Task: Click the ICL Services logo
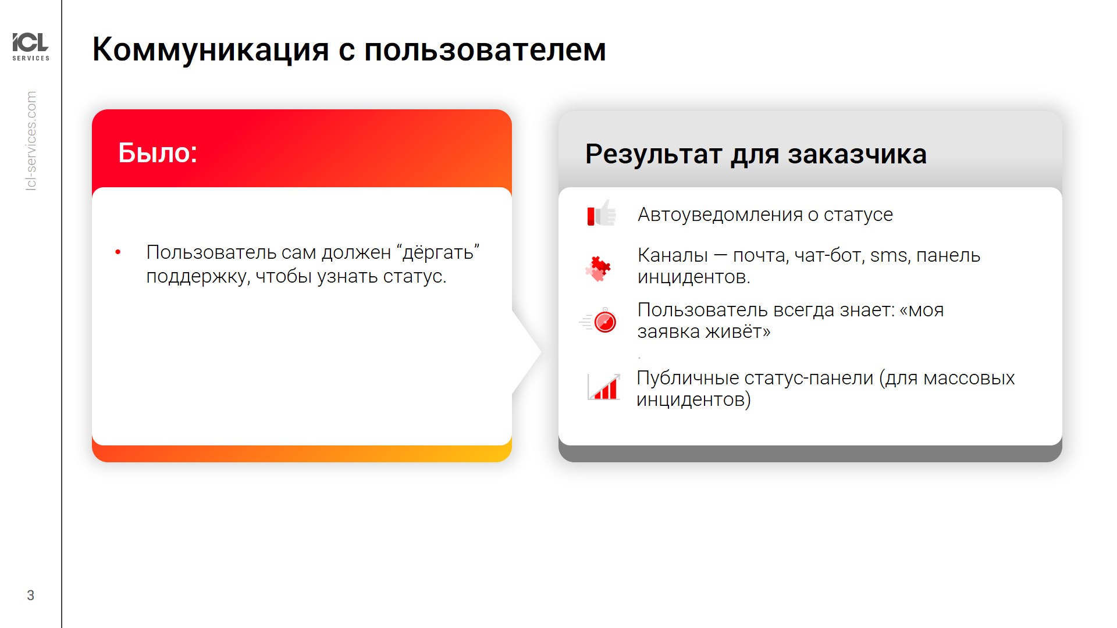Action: pos(31,47)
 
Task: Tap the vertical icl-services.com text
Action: pos(31,141)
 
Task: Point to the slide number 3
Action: pos(30,595)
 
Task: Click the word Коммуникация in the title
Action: pos(211,50)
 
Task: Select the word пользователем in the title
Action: pos(485,50)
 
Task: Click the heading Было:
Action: pos(158,153)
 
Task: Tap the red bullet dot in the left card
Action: pos(118,252)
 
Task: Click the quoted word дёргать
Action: pos(438,253)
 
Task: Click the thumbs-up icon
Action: pos(602,213)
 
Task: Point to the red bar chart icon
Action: pos(604,387)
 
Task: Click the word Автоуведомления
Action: pos(720,215)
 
